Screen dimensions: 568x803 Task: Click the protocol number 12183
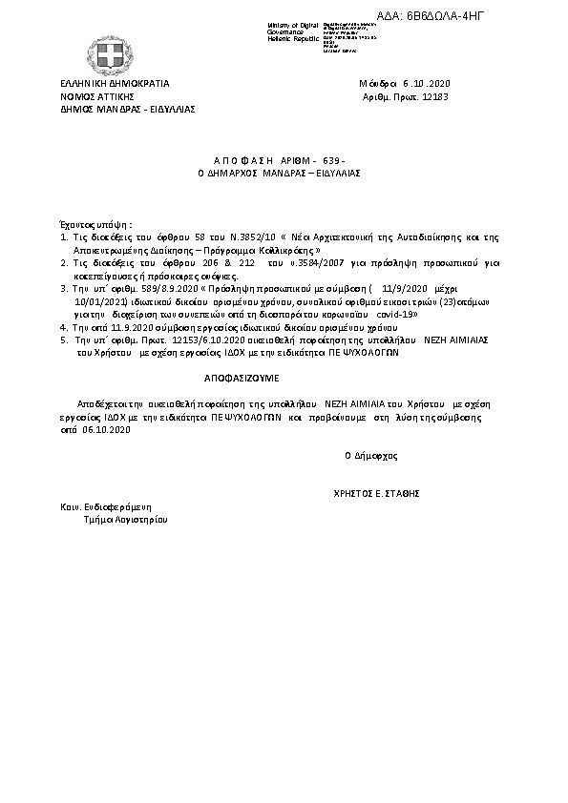432,96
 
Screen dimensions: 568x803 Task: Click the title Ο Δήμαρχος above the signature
371,455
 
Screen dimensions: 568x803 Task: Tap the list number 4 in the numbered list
62,325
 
